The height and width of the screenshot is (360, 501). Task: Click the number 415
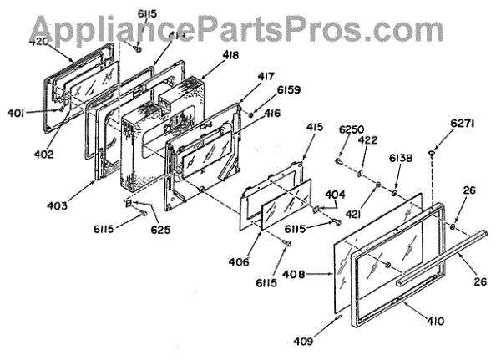314,128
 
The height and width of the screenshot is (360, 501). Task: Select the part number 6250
351,129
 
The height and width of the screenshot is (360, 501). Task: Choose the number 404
335,194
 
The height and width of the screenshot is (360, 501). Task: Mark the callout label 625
159,229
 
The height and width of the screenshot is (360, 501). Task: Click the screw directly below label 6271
433,152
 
